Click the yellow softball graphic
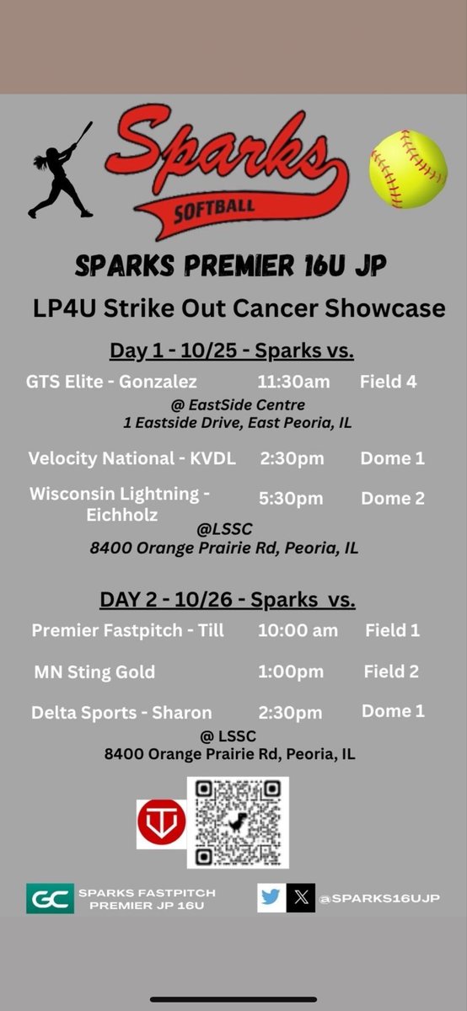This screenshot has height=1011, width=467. pyautogui.click(x=408, y=169)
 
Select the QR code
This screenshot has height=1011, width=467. pyautogui.click(x=239, y=821)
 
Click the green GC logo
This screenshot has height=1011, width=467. pyautogui.click(x=50, y=898)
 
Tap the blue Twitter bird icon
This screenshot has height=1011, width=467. pyautogui.click(x=271, y=898)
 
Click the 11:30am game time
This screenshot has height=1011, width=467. pyautogui.click(x=293, y=382)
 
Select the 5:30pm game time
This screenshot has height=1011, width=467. pyautogui.click(x=292, y=499)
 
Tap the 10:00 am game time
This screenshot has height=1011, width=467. pyautogui.click(x=298, y=630)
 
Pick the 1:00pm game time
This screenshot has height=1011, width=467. pyautogui.click(x=291, y=671)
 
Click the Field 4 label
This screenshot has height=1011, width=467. pyautogui.click(x=388, y=382)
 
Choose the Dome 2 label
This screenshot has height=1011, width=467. pyautogui.click(x=392, y=499)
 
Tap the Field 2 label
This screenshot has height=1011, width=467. pyautogui.click(x=391, y=671)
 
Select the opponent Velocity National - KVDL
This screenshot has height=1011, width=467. pyautogui.click(x=132, y=459)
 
